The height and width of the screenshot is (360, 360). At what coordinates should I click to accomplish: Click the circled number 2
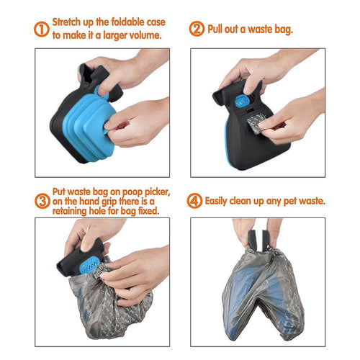pos(196,30)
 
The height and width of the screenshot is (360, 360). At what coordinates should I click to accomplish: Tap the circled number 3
pos(42,199)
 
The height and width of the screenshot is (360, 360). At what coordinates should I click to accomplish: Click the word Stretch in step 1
pos(71,22)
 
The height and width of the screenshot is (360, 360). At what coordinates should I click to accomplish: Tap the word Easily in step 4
pos(224,201)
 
